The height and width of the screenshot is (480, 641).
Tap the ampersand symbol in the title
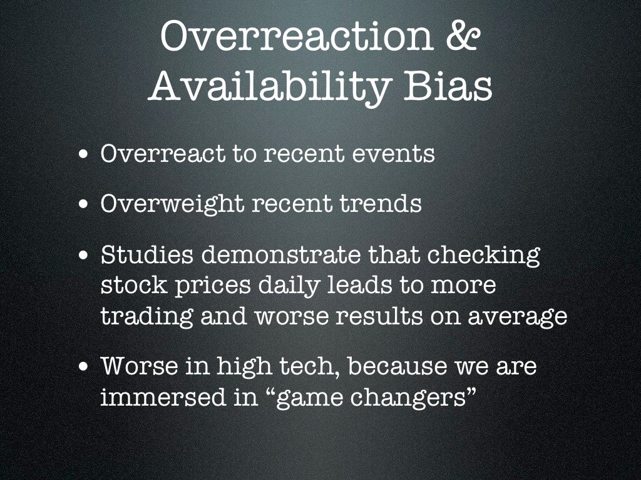click(x=464, y=38)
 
